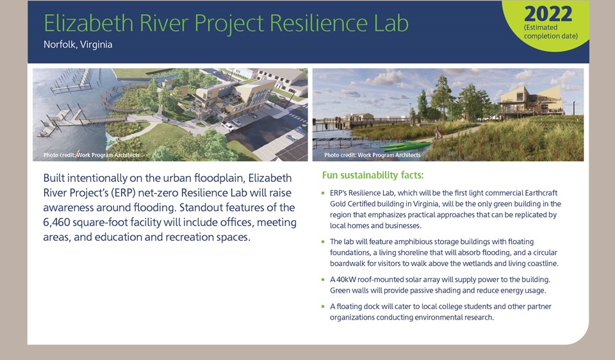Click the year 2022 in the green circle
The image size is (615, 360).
click(x=548, y=14)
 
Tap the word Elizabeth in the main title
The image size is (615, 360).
click(x=88, y=23)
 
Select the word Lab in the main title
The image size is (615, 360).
click(x=391, y=23)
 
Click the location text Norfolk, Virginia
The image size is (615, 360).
click(x=78, y=44)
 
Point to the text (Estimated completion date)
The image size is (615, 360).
click(x=551, y=32)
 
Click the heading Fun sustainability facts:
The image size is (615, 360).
click(x=373, y=175)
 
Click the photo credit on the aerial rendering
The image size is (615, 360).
click(x=92, y=155)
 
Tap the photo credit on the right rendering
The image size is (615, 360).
click(x=372, y=155)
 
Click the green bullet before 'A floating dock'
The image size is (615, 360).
click(x=323, y=306)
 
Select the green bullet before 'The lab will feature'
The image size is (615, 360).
click(x=323, y=241)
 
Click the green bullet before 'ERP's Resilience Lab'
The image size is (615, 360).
click(x=323, y=193)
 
